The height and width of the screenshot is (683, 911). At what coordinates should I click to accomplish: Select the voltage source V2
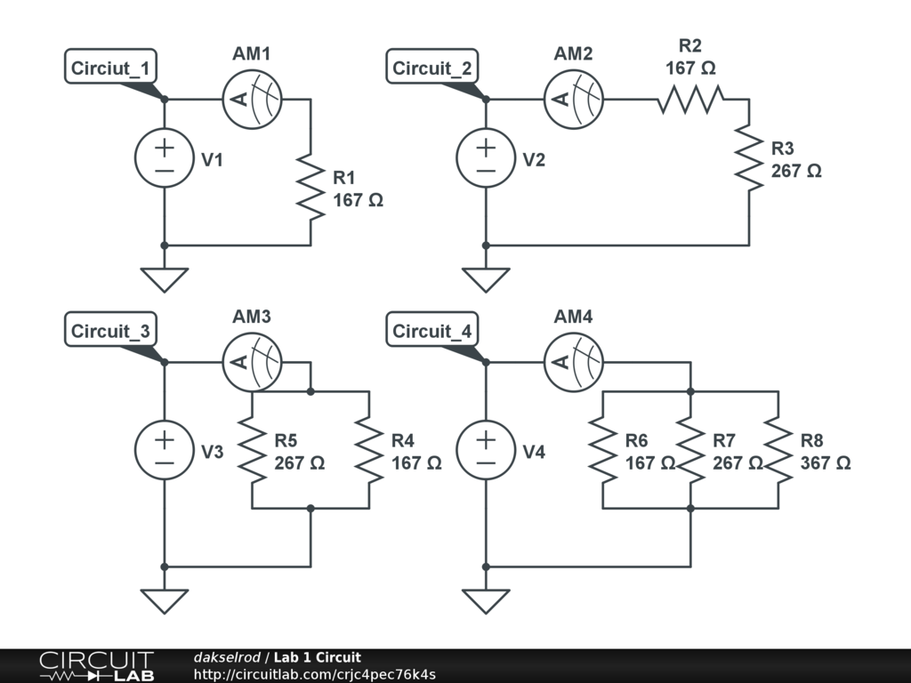(486, 158)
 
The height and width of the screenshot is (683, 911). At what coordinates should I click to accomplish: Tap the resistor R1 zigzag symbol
(310, 187)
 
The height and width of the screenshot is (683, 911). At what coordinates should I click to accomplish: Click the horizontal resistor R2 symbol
(690, 100)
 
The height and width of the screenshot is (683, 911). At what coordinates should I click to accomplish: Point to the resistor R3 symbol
(749, 158)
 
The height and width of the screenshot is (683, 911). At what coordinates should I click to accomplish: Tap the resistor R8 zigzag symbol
(778, 450)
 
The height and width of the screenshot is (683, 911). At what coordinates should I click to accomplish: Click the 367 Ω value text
(826, 462)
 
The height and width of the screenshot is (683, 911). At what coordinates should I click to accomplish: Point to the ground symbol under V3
(165, 601)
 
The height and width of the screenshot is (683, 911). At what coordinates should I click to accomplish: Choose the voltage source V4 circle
(486, 450)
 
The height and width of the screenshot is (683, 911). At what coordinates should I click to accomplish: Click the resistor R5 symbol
(252, 450)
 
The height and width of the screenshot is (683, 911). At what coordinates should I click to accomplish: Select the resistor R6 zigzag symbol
(603, 450)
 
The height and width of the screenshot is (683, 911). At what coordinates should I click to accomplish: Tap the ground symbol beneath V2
(486, 280)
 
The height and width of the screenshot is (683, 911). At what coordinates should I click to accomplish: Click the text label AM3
(252, 317)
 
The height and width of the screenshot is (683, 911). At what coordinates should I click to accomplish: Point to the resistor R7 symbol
(690, 450)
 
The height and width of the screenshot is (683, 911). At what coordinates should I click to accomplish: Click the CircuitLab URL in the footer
(314, 674)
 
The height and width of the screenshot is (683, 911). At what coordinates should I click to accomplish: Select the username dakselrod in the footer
(227, 657)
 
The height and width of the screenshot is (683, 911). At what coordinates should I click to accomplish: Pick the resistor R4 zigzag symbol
(369, 450)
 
